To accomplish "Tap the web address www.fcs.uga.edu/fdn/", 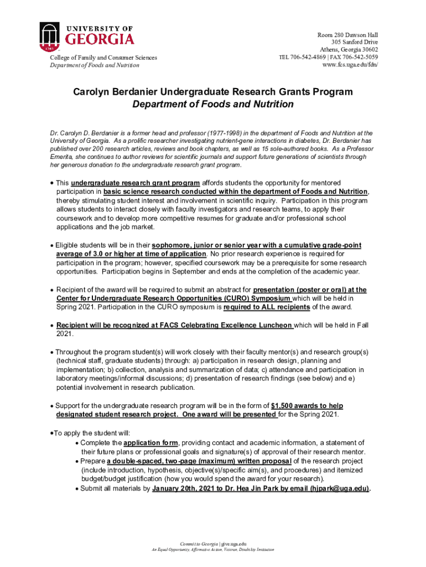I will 350,65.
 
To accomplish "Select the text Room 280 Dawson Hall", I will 347,34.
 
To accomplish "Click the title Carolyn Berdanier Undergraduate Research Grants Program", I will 213,91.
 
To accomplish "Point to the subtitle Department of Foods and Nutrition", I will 213,104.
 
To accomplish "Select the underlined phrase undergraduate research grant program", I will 135,183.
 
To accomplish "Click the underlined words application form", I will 150,443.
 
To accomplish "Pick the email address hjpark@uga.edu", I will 339,488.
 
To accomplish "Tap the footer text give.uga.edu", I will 233,542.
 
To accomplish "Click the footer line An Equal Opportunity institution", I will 213,550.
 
